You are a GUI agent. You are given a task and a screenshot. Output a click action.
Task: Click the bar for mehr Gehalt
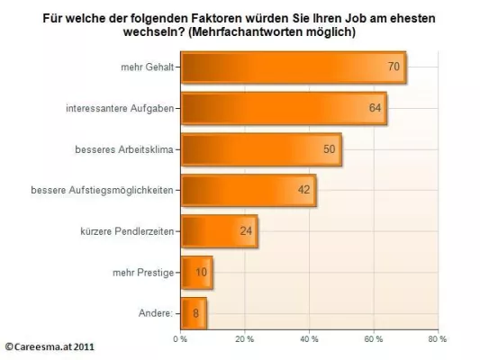pyautogui.click(x=293, y=67)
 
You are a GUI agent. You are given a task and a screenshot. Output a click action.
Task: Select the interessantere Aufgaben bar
pyautogui.click(x=283, y=108)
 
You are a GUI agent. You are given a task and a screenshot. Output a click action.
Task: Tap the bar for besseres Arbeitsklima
pyautogui.click(x=261, y=149)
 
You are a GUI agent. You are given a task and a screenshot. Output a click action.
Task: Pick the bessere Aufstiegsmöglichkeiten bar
pyautogui.click(x=248, y=190)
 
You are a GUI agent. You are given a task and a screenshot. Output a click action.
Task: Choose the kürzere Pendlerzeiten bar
pyautogui.click(x=219, y=231)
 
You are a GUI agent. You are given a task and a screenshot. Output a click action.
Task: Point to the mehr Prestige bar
pyautogui.click(x=196, y=272)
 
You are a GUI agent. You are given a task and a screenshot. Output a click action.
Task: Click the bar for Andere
pyautogui.click(x=194, y=313)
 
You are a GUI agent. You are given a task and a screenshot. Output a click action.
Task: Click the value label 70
pyautogui.click(x=394, y=67)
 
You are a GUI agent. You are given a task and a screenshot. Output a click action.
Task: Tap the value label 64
pyautogui.click(x=374, y=108)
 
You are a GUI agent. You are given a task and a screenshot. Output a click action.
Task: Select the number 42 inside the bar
pyautogui.click(x=303, y=190)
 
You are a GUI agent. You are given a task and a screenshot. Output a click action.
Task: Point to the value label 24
pyautogui.click(x=246, y=231)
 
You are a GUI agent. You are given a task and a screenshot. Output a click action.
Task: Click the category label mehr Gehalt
pyautogui.click(x=149, y=67)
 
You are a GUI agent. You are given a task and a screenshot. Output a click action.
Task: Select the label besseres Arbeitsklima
pyautogui.click(x=126, y=149)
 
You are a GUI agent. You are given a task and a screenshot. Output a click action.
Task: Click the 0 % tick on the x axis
pyautogui.click(x=179, y=339)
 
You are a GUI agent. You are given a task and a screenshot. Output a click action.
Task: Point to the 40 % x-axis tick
pyautogui.click(x=309, y=339)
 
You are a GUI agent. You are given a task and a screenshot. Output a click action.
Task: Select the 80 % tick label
pyautogui.click(x=437, y=339)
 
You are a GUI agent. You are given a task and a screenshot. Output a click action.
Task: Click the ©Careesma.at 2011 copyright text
pyautogui.click(x=50, y=346)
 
